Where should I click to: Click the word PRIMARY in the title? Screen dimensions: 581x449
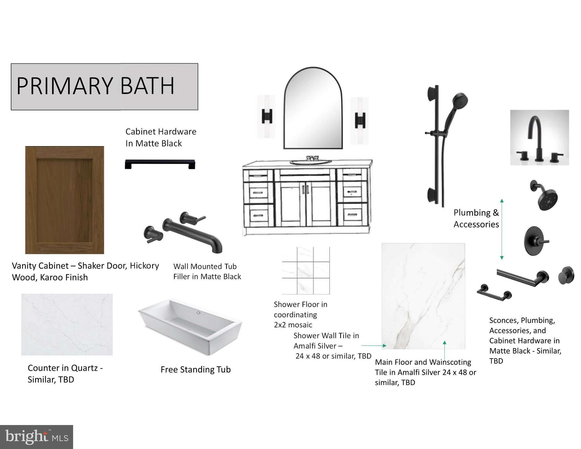pyautogui.click(x=65, y=86)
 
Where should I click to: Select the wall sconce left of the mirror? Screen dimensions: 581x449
pyautogui.click(x=266, y=116)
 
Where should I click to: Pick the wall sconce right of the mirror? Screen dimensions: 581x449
pyautogui.click(x=360, y=120)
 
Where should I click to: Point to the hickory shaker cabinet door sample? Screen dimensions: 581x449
pyautogui.click(x=65, y=200)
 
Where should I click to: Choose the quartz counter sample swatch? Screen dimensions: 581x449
pyautogui.click(x=67, y=324)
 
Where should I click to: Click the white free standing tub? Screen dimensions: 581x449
pyautogui.click(x=190, y=327)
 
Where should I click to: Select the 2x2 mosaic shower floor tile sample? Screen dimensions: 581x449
pyautogui.click(x=306, y=270)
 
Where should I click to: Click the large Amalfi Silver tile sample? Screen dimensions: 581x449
pyautogui.click(x=423, y=296)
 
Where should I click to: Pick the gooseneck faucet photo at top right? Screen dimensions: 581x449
pyautogui.click(x=539, y=138)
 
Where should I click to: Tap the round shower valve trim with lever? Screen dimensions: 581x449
pyautogui.click(x=536, y=241)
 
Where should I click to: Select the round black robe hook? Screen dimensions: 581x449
pyautogui.click(x=566, y=275)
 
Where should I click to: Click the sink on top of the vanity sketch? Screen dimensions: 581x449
pyautogui.click(x=311, y=161)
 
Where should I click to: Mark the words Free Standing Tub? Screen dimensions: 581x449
pyautogui.click(x=196, y=369)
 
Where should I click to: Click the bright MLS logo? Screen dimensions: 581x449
pyautogui.click(x=37, y=437)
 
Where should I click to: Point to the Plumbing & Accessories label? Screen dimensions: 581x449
pyautogui.click(x=476, y=218)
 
